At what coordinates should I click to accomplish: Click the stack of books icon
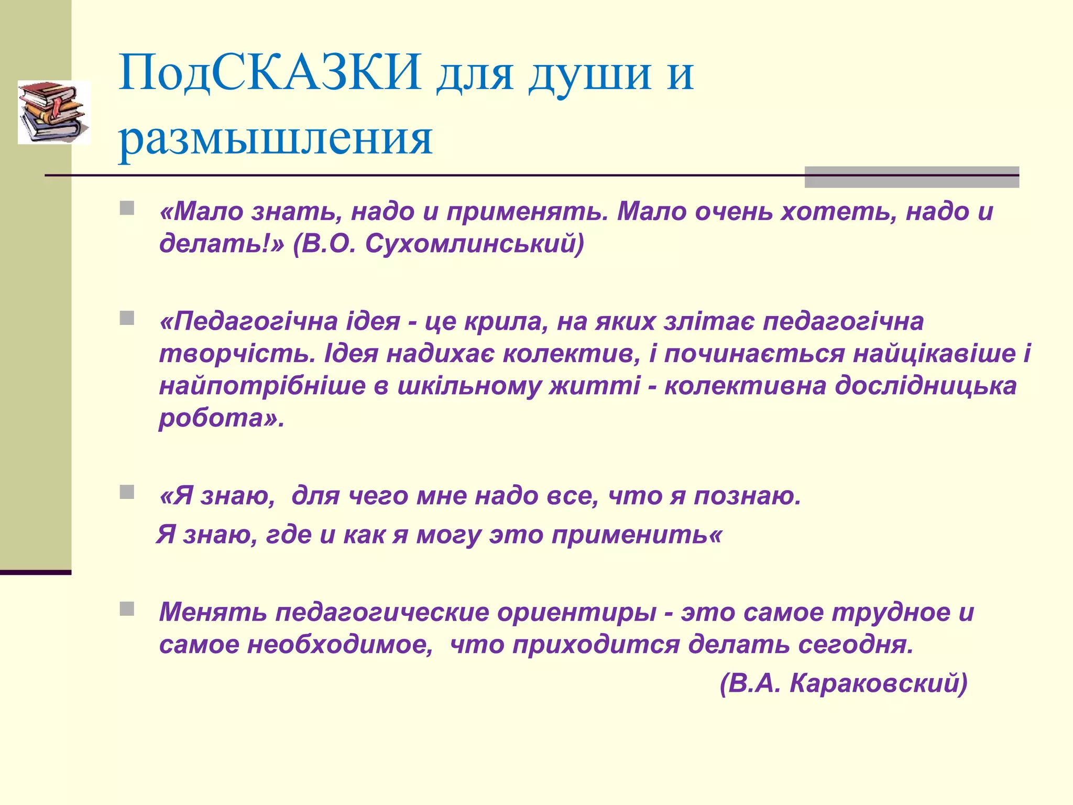point(53,112)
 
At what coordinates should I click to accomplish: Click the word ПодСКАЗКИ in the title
point(270,73)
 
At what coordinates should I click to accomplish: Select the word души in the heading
point(589,73)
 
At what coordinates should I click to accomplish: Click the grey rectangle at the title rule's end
point(912,177)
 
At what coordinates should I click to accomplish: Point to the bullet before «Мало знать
point(127,209)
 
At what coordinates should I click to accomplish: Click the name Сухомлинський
point(474,244)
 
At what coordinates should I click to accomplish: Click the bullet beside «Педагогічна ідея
point(127,318)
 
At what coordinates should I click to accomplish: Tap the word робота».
point(221,418)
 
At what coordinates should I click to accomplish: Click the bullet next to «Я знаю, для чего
point(127,492)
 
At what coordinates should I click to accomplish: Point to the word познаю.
point(748,496)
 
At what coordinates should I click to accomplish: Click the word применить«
point(637,535)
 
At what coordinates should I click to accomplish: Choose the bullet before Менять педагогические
point(127,609)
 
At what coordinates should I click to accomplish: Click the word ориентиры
point(576,613)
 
